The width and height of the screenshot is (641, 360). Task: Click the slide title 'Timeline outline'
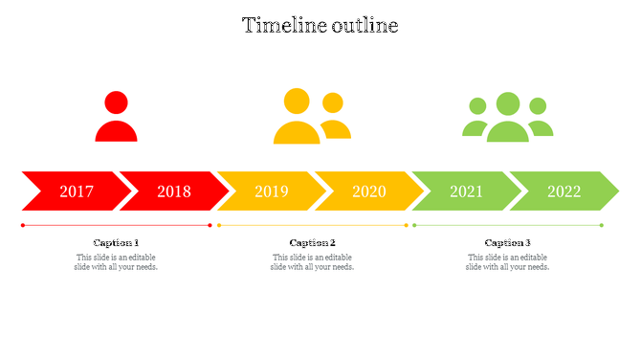click(x=320, y=26)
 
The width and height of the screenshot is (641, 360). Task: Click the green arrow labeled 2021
click(x=467, y=191)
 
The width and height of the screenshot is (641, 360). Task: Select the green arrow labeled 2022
click(x=564, y=191)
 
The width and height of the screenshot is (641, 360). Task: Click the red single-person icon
click(x=116, y=118)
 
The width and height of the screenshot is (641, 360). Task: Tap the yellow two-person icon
click(x=311, y=118)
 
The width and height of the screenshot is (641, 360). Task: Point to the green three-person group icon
click(x=508, y=119)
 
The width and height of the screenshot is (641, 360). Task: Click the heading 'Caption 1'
click(x=116, y=243)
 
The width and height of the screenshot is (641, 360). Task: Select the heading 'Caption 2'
click(x=313, y=243)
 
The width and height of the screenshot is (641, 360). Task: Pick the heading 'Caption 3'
click(x=508, y=243)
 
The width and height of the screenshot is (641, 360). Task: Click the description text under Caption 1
click(x=116, y=262)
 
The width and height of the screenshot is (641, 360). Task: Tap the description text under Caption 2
click(x=313, y=262)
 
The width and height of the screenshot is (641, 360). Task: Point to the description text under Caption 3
click(x=508, y=262)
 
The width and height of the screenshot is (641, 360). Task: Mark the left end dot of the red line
click(x=23, y=225)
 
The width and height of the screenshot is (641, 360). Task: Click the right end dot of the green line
click(x=602, y=225)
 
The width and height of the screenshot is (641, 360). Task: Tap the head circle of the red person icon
click(x=116, y=102)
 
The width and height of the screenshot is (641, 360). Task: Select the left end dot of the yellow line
click(x=219, y=225)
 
